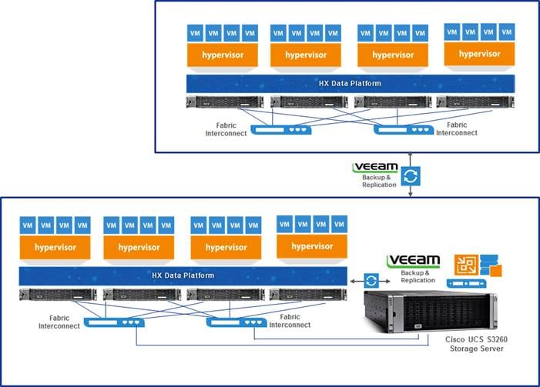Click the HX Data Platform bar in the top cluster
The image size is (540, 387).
click(x=350, y=83)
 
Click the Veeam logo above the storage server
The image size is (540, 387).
click(x=413, y=261)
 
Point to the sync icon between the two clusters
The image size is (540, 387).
click(x=411, y=176)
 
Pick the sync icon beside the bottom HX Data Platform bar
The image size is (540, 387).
click(x=372, y=280)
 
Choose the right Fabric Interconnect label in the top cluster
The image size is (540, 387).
click(x=456, y=128)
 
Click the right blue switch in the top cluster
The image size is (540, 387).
click(x=404, y=129)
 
